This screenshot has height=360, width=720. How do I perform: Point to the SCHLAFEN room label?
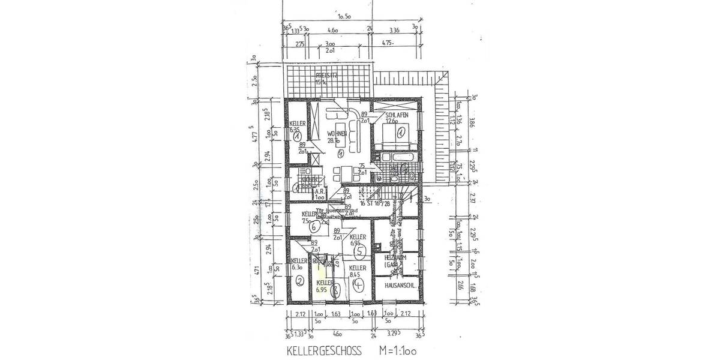[397, 115]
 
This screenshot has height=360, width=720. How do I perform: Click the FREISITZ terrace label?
[328, 76]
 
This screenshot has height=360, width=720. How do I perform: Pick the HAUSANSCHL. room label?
[400, 286]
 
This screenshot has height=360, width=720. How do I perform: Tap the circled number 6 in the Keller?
[312, 227]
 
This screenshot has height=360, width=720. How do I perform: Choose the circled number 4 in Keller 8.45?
[359, 286]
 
